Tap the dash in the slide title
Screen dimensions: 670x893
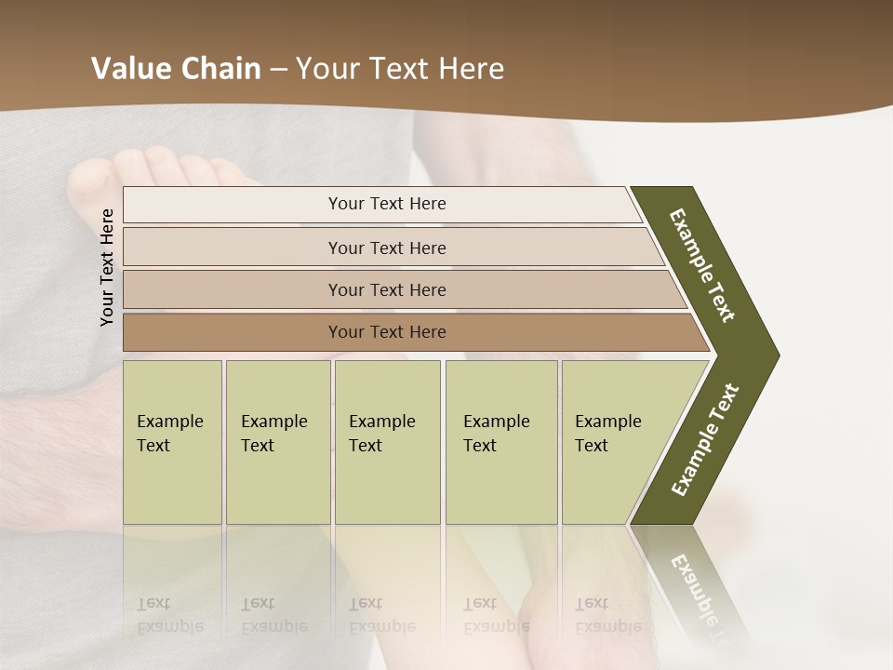278,70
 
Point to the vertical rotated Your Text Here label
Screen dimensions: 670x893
107,267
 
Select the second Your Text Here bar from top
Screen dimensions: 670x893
386,248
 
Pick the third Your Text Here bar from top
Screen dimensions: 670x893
386,289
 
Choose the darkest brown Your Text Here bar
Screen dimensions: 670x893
386,332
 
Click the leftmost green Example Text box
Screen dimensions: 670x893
172,442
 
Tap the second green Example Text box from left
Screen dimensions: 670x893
277,442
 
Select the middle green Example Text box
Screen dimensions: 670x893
387,442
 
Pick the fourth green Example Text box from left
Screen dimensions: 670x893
500,442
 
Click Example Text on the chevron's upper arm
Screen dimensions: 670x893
702,265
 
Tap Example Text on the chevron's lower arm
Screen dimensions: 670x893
705,440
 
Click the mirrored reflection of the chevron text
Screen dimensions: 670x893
698,596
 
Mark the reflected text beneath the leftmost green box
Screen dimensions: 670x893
170,615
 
